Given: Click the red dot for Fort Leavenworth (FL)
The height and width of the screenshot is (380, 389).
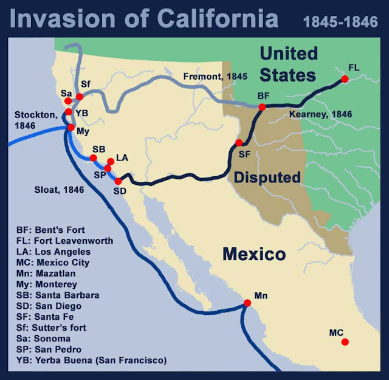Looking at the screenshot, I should [x=345, y=79].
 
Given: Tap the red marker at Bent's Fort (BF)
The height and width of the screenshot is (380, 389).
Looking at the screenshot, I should [x=262, y=107].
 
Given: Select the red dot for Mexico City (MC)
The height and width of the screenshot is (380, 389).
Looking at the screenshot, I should [x=345, y=342].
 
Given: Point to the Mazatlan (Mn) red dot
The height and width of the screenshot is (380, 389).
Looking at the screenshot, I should [x=247, y=303].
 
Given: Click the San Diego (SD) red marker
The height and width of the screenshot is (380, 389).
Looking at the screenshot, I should [x=118, y=181].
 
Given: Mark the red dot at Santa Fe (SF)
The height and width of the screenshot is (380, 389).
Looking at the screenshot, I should [x=239, y=142].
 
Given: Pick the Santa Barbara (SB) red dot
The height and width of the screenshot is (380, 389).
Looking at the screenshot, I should [x=94, y=157].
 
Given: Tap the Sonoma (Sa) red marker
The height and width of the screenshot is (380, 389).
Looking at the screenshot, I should [x=69, y=102].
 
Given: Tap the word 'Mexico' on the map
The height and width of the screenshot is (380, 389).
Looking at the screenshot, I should [x=254, y=254].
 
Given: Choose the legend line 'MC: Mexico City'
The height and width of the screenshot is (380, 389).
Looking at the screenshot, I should [x=53, y=262].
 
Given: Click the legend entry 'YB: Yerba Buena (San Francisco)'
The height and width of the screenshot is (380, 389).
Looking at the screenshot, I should [x=92, y=361].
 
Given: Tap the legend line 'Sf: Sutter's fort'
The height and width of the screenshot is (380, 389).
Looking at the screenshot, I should [x=55, y=328].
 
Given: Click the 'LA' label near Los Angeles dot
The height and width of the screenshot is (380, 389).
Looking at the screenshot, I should [x=122, y=157].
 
